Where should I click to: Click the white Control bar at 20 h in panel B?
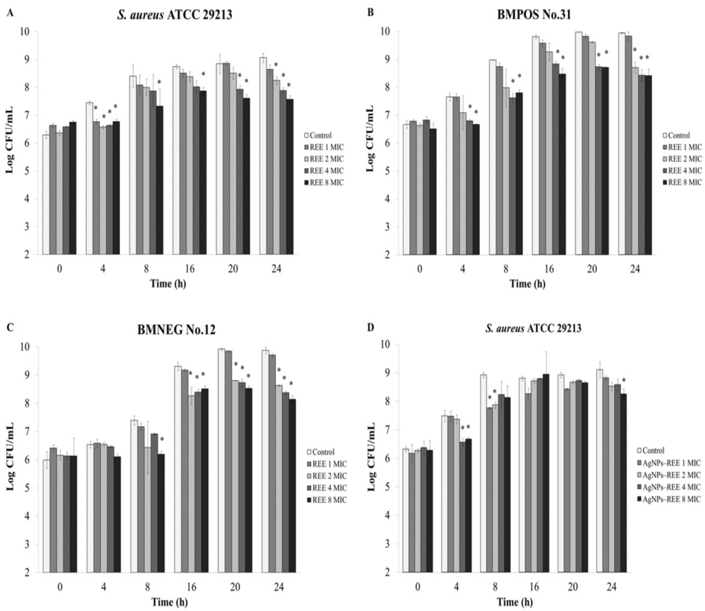[x=579, y=143]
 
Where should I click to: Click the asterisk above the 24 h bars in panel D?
[x=624, y=380]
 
